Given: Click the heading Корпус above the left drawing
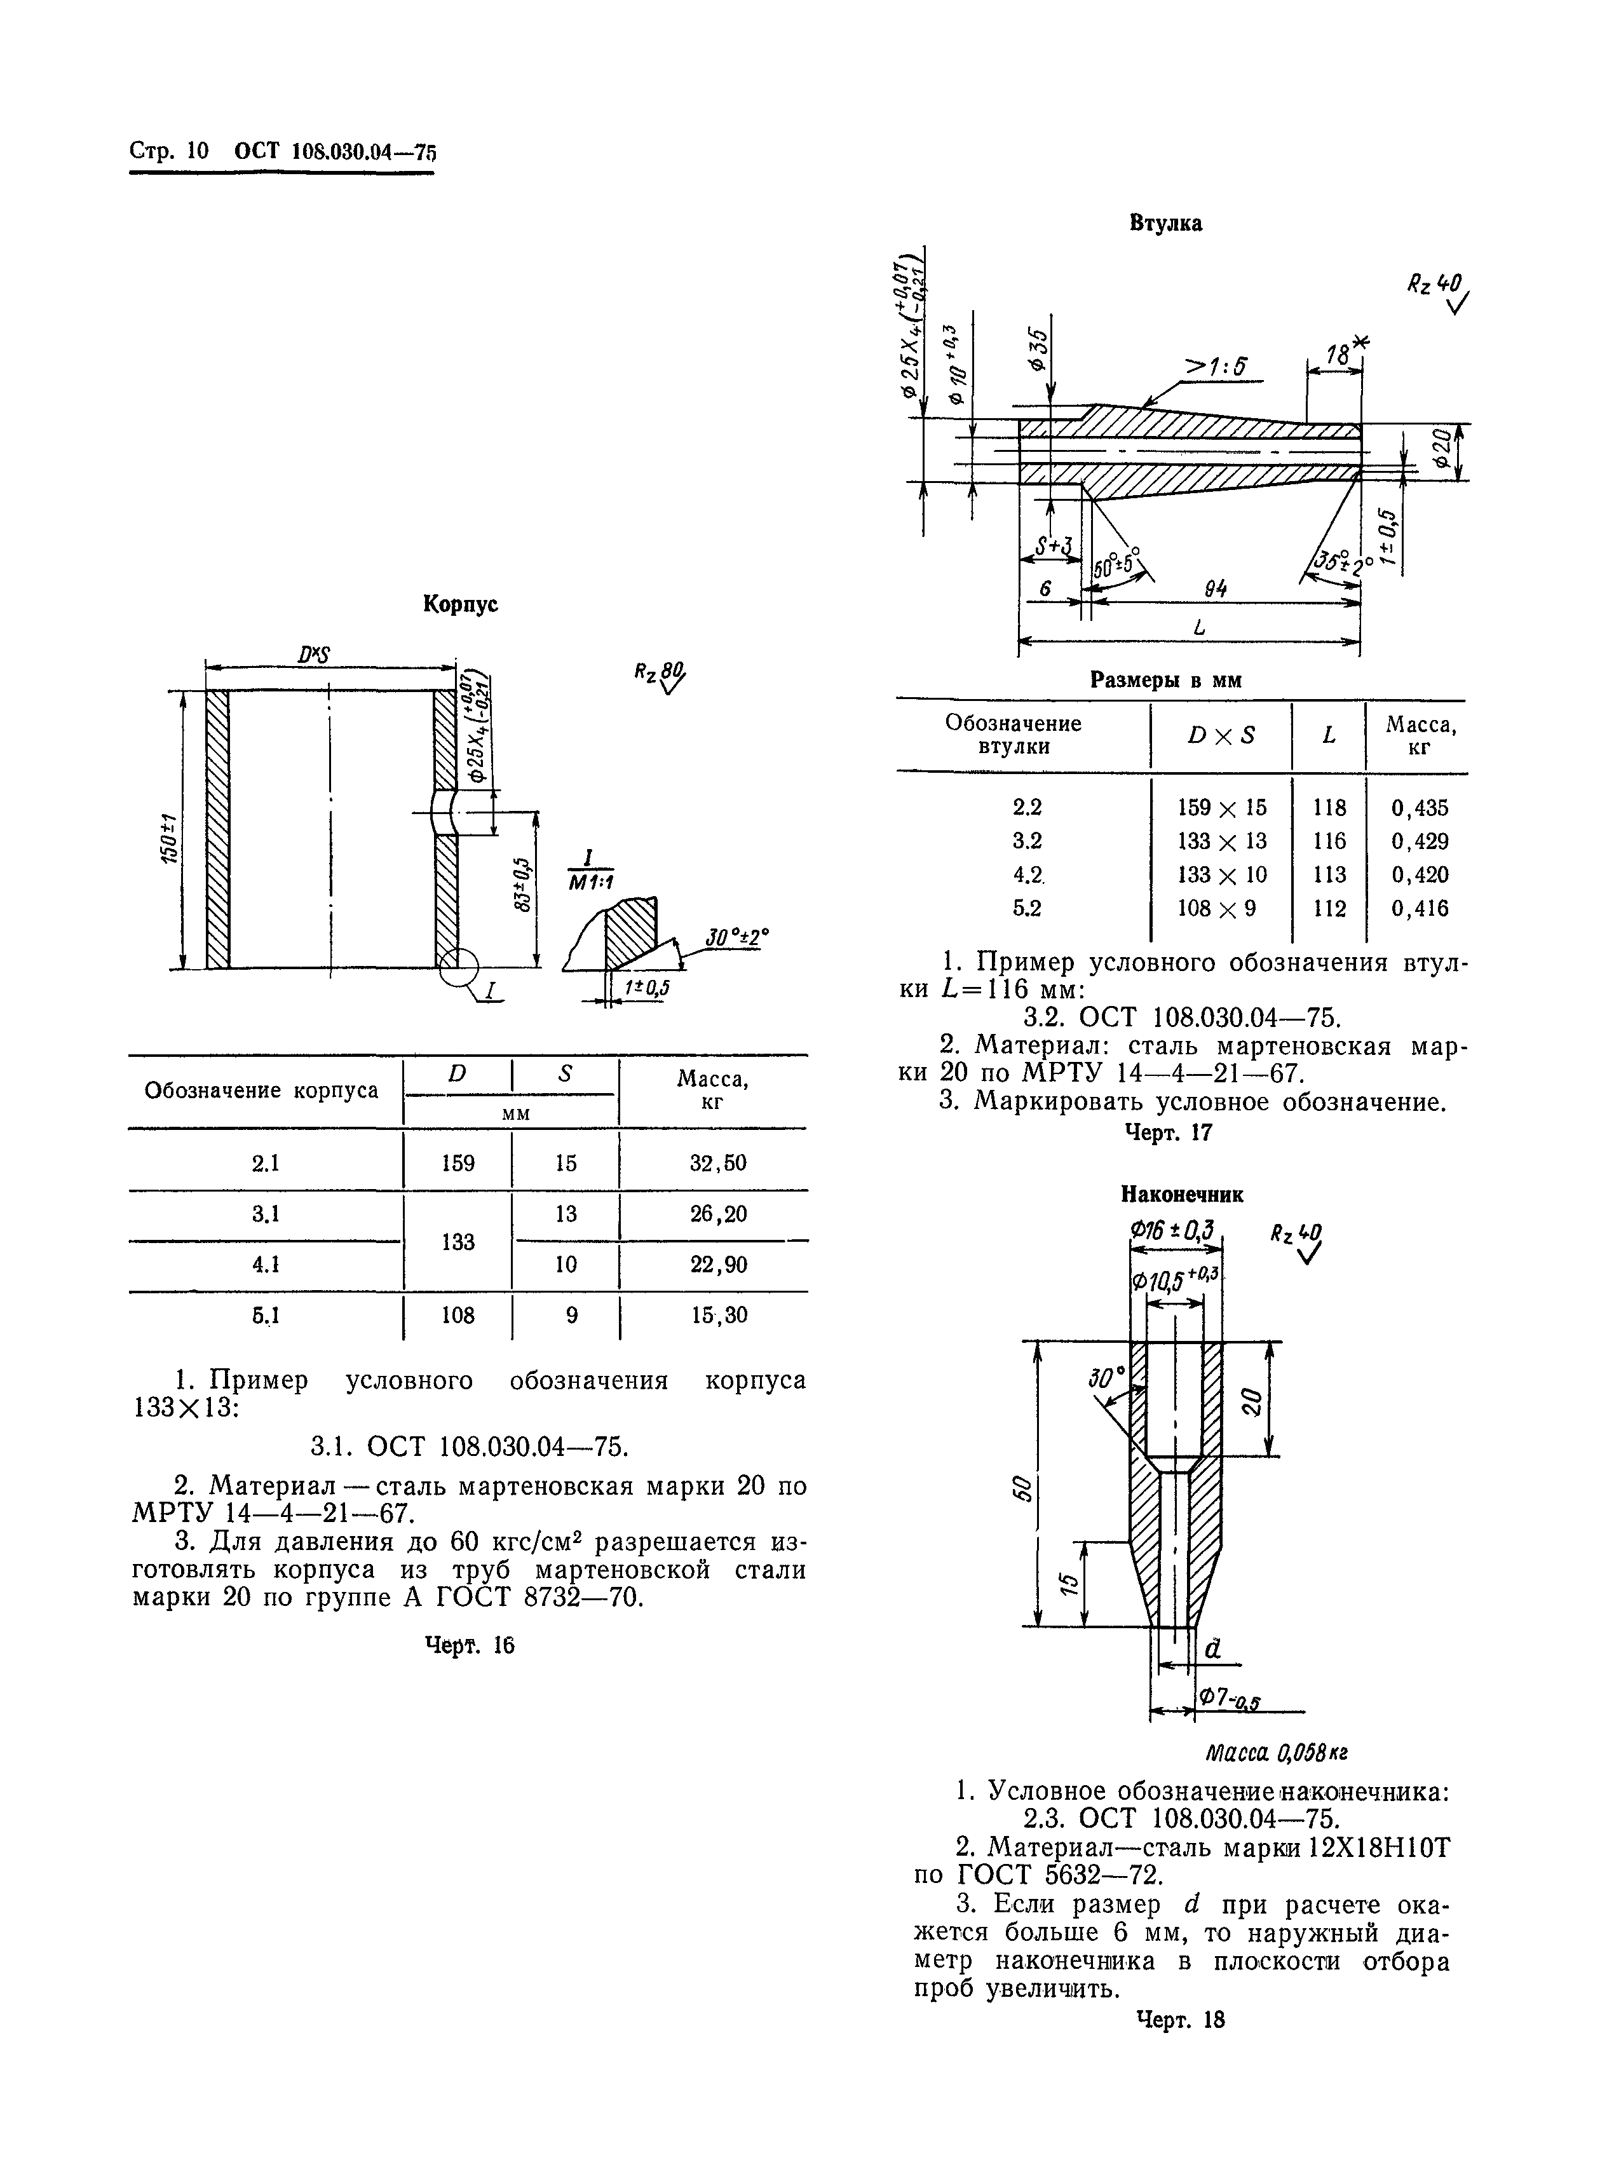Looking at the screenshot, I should coord(460,605).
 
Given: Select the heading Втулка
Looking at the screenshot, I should coord(1165,224).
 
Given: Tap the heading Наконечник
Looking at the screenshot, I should coord(1181,1194).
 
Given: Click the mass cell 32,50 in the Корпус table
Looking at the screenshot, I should coord(718,1164).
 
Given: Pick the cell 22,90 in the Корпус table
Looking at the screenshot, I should coord(718,1265).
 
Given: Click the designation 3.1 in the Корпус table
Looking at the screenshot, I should coord(266,1214).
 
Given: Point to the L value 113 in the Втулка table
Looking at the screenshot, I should coord(1329,874).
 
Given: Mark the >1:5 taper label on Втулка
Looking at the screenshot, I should coord(1216,367).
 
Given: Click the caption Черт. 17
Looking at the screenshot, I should coord(1169,1132).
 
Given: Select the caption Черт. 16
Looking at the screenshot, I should coord(469,1645).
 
